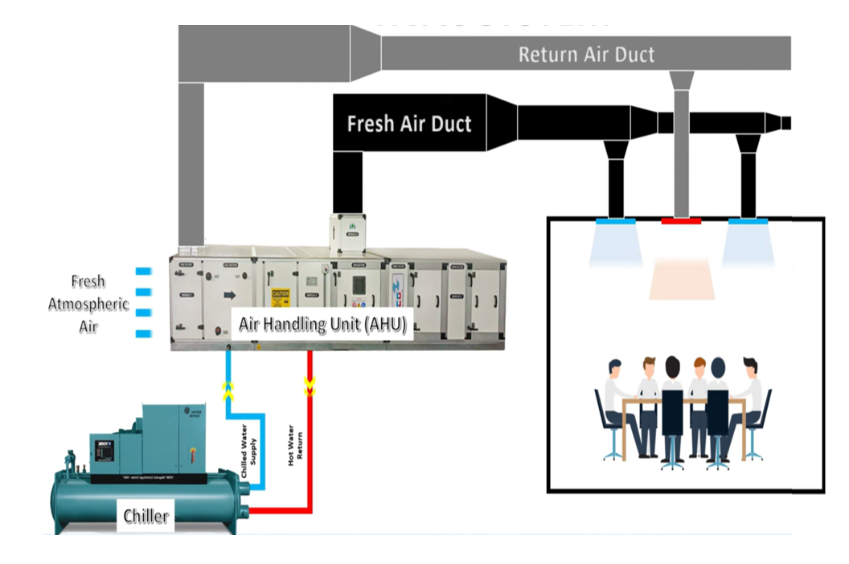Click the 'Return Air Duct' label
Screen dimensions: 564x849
586,55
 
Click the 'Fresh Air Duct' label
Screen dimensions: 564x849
408,124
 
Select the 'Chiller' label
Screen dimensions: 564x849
146,515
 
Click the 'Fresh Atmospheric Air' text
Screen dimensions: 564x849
88,304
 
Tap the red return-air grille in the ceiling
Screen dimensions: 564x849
681,219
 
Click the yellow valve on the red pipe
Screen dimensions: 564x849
309,387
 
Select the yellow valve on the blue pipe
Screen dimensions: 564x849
228,391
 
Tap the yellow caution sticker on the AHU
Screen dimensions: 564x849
280,297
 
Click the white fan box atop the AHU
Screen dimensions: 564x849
347,231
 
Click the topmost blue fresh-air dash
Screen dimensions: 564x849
143,271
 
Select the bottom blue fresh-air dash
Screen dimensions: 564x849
143,333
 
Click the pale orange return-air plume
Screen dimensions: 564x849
681,279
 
